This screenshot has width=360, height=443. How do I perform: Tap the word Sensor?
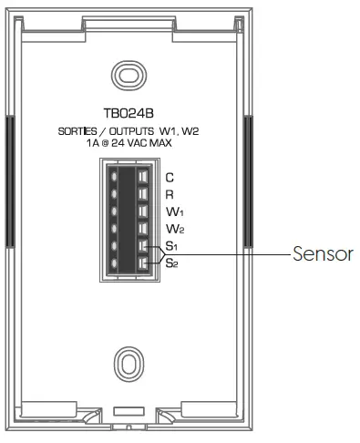(x=323, y=254)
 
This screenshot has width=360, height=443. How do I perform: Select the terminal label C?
(x=169, y=177)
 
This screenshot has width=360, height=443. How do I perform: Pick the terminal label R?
(x=169, y=194)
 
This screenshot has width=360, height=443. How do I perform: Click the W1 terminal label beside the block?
(x=171, y=212)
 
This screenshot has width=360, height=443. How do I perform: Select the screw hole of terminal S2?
(x=114, y=263)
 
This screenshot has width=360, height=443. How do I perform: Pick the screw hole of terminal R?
(x=114, y=193)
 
